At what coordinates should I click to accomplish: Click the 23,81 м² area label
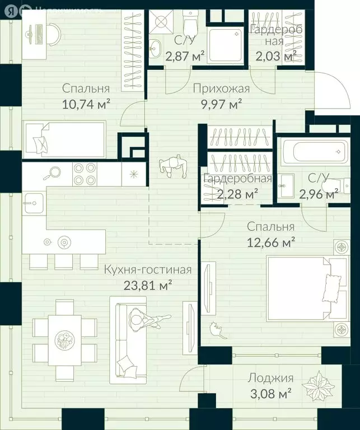[x=148, y=286]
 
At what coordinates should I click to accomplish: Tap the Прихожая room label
[x=221, y=88]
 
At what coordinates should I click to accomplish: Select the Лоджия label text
[x=270, y=378]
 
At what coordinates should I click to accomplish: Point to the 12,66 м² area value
[x=271, y=242]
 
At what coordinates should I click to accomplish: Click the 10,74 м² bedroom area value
[x=86, y=104]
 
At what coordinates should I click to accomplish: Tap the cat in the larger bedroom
[x=218, y=330]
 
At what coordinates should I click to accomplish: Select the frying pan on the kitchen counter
[x=52, y=173]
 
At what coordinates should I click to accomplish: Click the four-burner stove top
[x=85, y=174]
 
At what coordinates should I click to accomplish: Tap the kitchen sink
[x=34, y=203]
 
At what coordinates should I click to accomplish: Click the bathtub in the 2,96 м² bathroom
[x=315, y=151]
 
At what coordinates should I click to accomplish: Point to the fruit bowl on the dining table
[x=65, y=340]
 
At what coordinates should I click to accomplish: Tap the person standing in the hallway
[x=174, y=166]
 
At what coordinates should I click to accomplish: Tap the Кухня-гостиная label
[x=147, y=270]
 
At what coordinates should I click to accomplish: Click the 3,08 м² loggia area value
[x=270, y=394]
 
